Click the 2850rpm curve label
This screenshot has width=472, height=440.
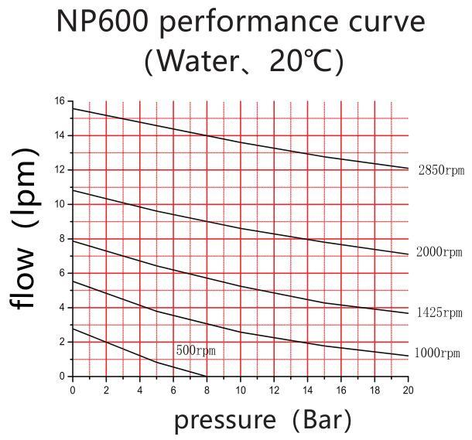click(441, 171)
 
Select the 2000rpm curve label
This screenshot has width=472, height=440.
click(440, 252)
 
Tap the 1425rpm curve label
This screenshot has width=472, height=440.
click(440, 312)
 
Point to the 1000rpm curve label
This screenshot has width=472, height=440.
click(437, 353)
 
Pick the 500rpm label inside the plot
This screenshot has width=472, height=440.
click(196, 350)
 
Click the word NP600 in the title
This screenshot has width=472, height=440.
click(101, 21)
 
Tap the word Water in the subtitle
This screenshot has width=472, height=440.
click(197, 61)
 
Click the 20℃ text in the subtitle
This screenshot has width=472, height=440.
click(302, 61)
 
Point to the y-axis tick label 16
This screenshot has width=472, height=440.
click(60, 101)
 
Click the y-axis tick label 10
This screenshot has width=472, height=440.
click(60, 204)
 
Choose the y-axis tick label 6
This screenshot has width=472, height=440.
click(62, 273)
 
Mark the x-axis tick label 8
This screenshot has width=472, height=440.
click(207, 391)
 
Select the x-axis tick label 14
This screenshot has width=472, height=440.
click(307, 391)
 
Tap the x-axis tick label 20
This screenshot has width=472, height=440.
click(408, 391)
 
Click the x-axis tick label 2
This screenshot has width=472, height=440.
click(106, 391)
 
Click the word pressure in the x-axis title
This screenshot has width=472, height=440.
click(225, 421)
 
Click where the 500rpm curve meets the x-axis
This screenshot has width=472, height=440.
click(206, 377)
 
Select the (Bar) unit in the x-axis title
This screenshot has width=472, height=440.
click(322, 421)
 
